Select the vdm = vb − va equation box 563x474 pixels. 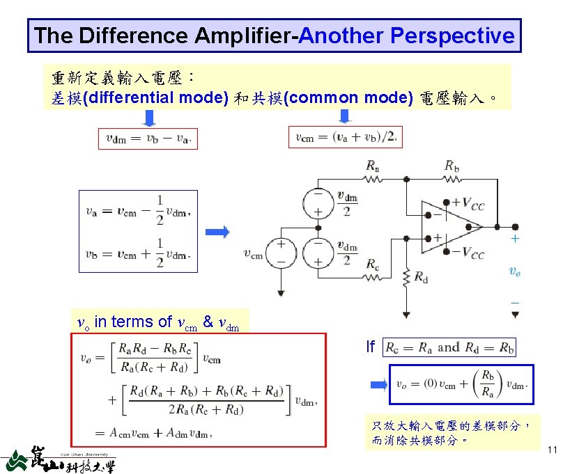pyautogui.click(x=148, y=138)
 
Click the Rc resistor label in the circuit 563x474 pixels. pyautogui.click(x=373, y=265)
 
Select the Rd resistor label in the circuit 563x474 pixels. pyautogui.click(x=421, y=277)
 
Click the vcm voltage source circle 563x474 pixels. pyautogui.click(x=281, y=253)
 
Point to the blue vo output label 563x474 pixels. pyautogui.click(x=514, y=271)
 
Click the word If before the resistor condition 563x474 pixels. pyautogui.click(x=371, y=346)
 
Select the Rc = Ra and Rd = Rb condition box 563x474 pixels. pyautogui.click(x=450, y=347)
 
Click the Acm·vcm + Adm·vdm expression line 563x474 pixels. pyautogui.click(x=154, y=433)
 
